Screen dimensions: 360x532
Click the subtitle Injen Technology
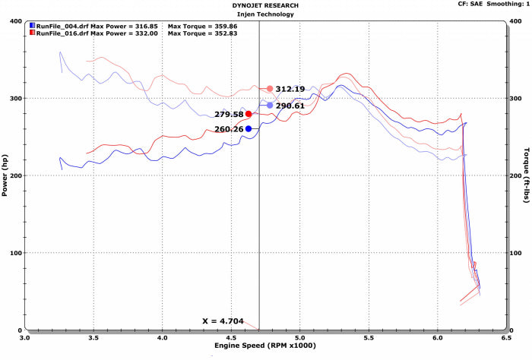tap(265, 14)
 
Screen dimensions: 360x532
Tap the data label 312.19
tap(290, 89)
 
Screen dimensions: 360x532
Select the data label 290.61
tap(290, 106)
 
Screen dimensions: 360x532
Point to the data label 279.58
tap(229, 114)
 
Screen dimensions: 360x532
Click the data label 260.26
tap(229, 129)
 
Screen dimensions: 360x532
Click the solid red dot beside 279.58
tap(249, 114)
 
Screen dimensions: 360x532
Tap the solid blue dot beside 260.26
tap(249, 129)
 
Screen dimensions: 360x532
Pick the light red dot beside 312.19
tap(270, 89)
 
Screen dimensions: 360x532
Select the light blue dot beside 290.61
tap(270, 106)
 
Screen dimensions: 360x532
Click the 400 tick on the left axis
tap(14, 21)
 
